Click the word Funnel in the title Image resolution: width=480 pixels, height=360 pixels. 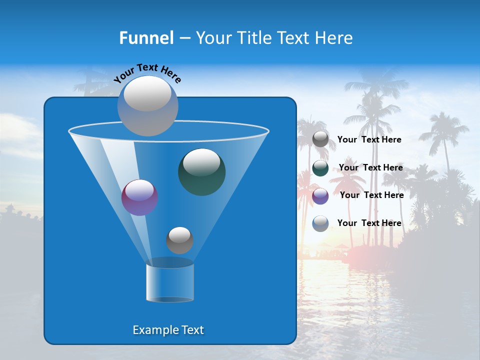pyautogui.click(x=146, y=38)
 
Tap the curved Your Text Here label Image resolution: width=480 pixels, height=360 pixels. pyautogui.click(x=147, y=72)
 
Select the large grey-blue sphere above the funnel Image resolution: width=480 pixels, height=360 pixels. pyautogui.click(x=148, y=106)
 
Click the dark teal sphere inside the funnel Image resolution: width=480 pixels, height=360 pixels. pyautogui.click(x=201, y=172)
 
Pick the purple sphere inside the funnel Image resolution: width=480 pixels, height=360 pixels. pyautogui.click(x=139, y=197)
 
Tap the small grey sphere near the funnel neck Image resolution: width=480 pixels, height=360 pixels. pyautogui.click(x=179, y=240)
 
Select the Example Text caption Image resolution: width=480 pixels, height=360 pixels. pyautogui.click(x=168, y=330)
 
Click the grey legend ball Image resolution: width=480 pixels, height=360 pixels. pyautogui.click(x=320, y=139)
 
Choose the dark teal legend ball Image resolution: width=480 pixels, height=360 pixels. pyautogui.click(x=320, y=168)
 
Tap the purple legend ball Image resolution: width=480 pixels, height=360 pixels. pyautogui.click(x=320, y=195)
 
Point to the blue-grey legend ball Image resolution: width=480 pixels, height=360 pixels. pyautogui.click(x=320, y=223)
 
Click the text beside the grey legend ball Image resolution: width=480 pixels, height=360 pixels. pyautogui.click(x=369, y=140)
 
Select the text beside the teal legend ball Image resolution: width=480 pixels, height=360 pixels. pyautogui.click(x=370, y=168)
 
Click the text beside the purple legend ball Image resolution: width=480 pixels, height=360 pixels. pyautogui.click(x=371, y=195)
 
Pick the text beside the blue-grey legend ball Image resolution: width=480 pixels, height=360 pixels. pyautogui.click(x=369, y=223)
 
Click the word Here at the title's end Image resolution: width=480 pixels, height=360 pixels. pyautogui.click(x=335, y=38)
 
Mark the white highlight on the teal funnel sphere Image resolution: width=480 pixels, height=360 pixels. pyautogui.click(x=202, y=161)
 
